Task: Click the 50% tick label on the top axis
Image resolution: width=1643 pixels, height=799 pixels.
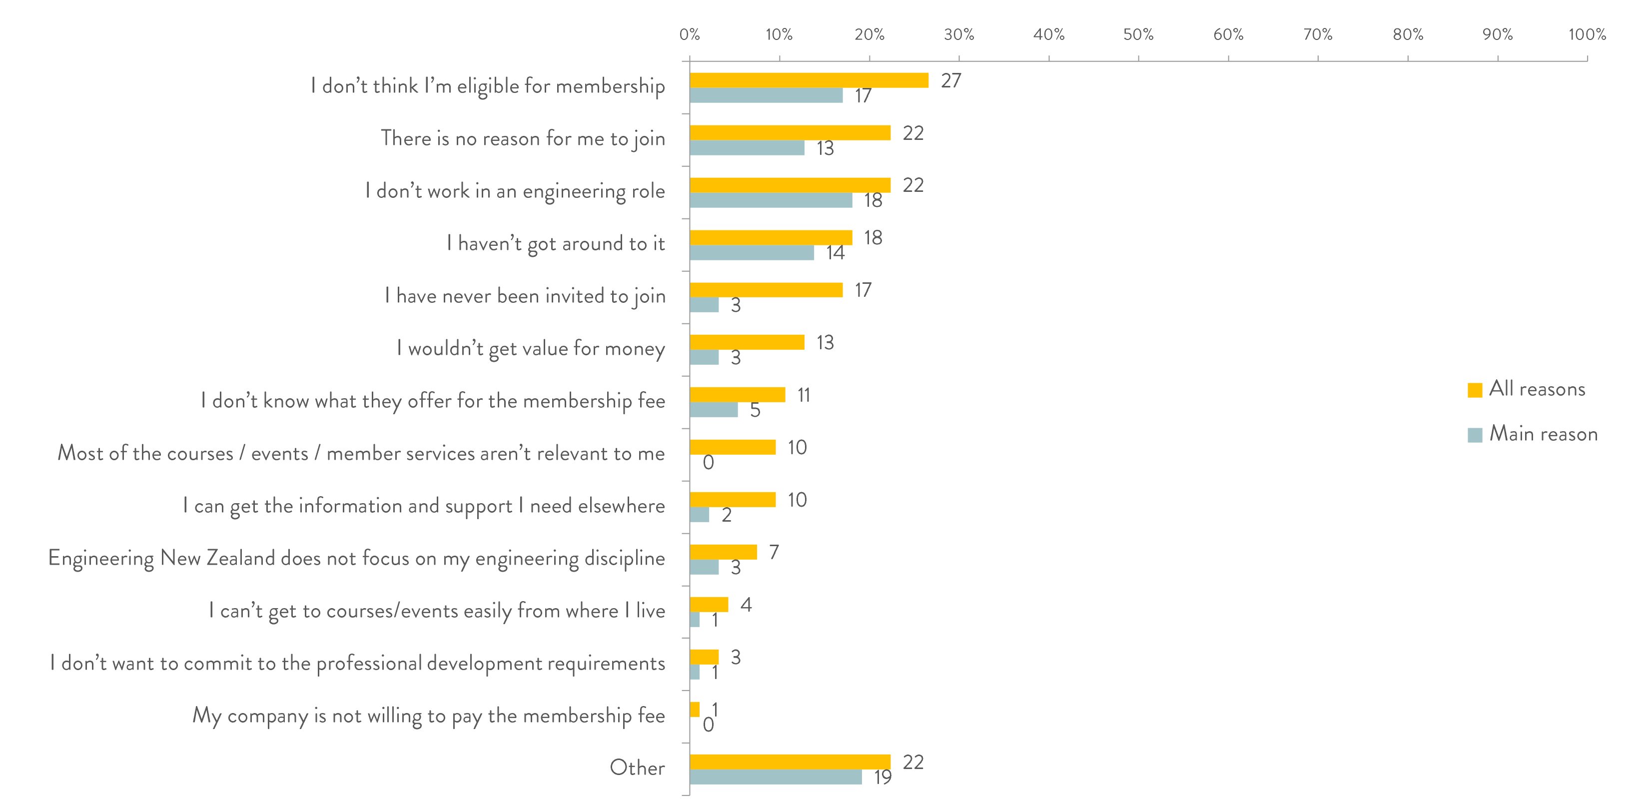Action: pyautogui.click(x=1138, y=34)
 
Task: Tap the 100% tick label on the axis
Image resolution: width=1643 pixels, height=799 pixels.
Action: pyautogui.click(x=1587, y=34)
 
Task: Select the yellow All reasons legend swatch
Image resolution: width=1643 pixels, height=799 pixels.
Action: pyautogui.click(x=1475, y=390)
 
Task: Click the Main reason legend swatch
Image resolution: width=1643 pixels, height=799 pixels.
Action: pyautogui.click(x=1475, y=435)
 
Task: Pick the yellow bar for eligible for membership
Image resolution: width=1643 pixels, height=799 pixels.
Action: pyautogui.click(x=809, y=80)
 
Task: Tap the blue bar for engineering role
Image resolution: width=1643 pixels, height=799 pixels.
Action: pyautogui.click(x=771, y=200)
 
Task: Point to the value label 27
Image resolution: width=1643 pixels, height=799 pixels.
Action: pyautogui.click(x=950, y=81)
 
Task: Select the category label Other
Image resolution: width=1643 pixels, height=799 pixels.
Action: pyautogui.click(x=637, y=767)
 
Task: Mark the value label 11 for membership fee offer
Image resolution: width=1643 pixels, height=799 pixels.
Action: pyautogui.click(x=804, y=395)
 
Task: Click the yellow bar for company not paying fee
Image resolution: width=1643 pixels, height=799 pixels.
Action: pyautogui.click(x=695, y=709)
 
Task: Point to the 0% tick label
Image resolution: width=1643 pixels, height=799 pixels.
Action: pyautogui.click(x=690, y=34)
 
